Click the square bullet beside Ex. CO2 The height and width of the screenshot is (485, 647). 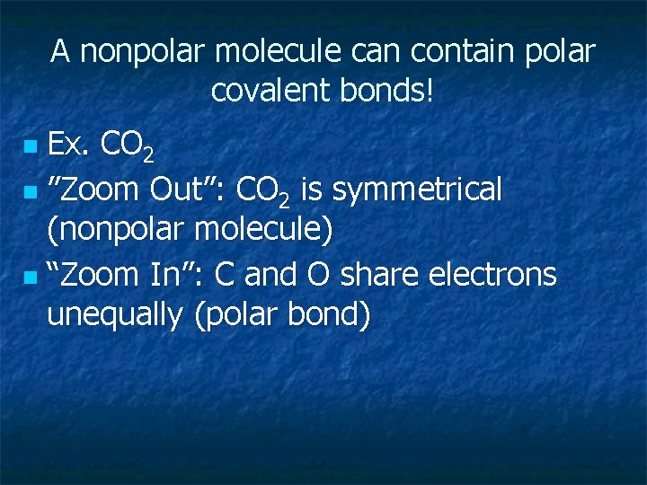(x=31, y=145)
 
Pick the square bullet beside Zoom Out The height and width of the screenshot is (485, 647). (x=31, y=191)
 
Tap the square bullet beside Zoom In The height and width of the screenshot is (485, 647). (x=31, y=276)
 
